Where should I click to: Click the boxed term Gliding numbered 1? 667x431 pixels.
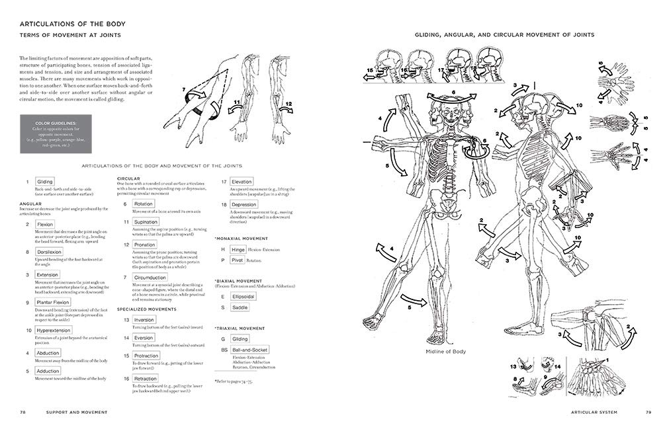(x=45, y=181)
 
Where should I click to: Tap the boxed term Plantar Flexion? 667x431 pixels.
(x=52, y=302)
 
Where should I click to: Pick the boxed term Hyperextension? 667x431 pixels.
(x=54, y=330)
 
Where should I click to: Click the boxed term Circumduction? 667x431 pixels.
(x=150, y=277)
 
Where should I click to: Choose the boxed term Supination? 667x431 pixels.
(x=145, y=222)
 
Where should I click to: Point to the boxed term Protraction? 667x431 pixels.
(x=146, y=356)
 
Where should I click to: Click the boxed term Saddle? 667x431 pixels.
(x=240, y=308)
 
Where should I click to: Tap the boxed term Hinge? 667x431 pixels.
(x=239, y=250)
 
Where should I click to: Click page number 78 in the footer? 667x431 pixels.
(x=22, y=412)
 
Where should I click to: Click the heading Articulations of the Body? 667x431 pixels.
(x=73, y=24)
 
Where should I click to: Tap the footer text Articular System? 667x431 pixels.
(x=596, y=412)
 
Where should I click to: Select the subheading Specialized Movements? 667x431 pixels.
(x=146, y=309)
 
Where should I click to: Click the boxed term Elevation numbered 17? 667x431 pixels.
(x=242, y=181)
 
